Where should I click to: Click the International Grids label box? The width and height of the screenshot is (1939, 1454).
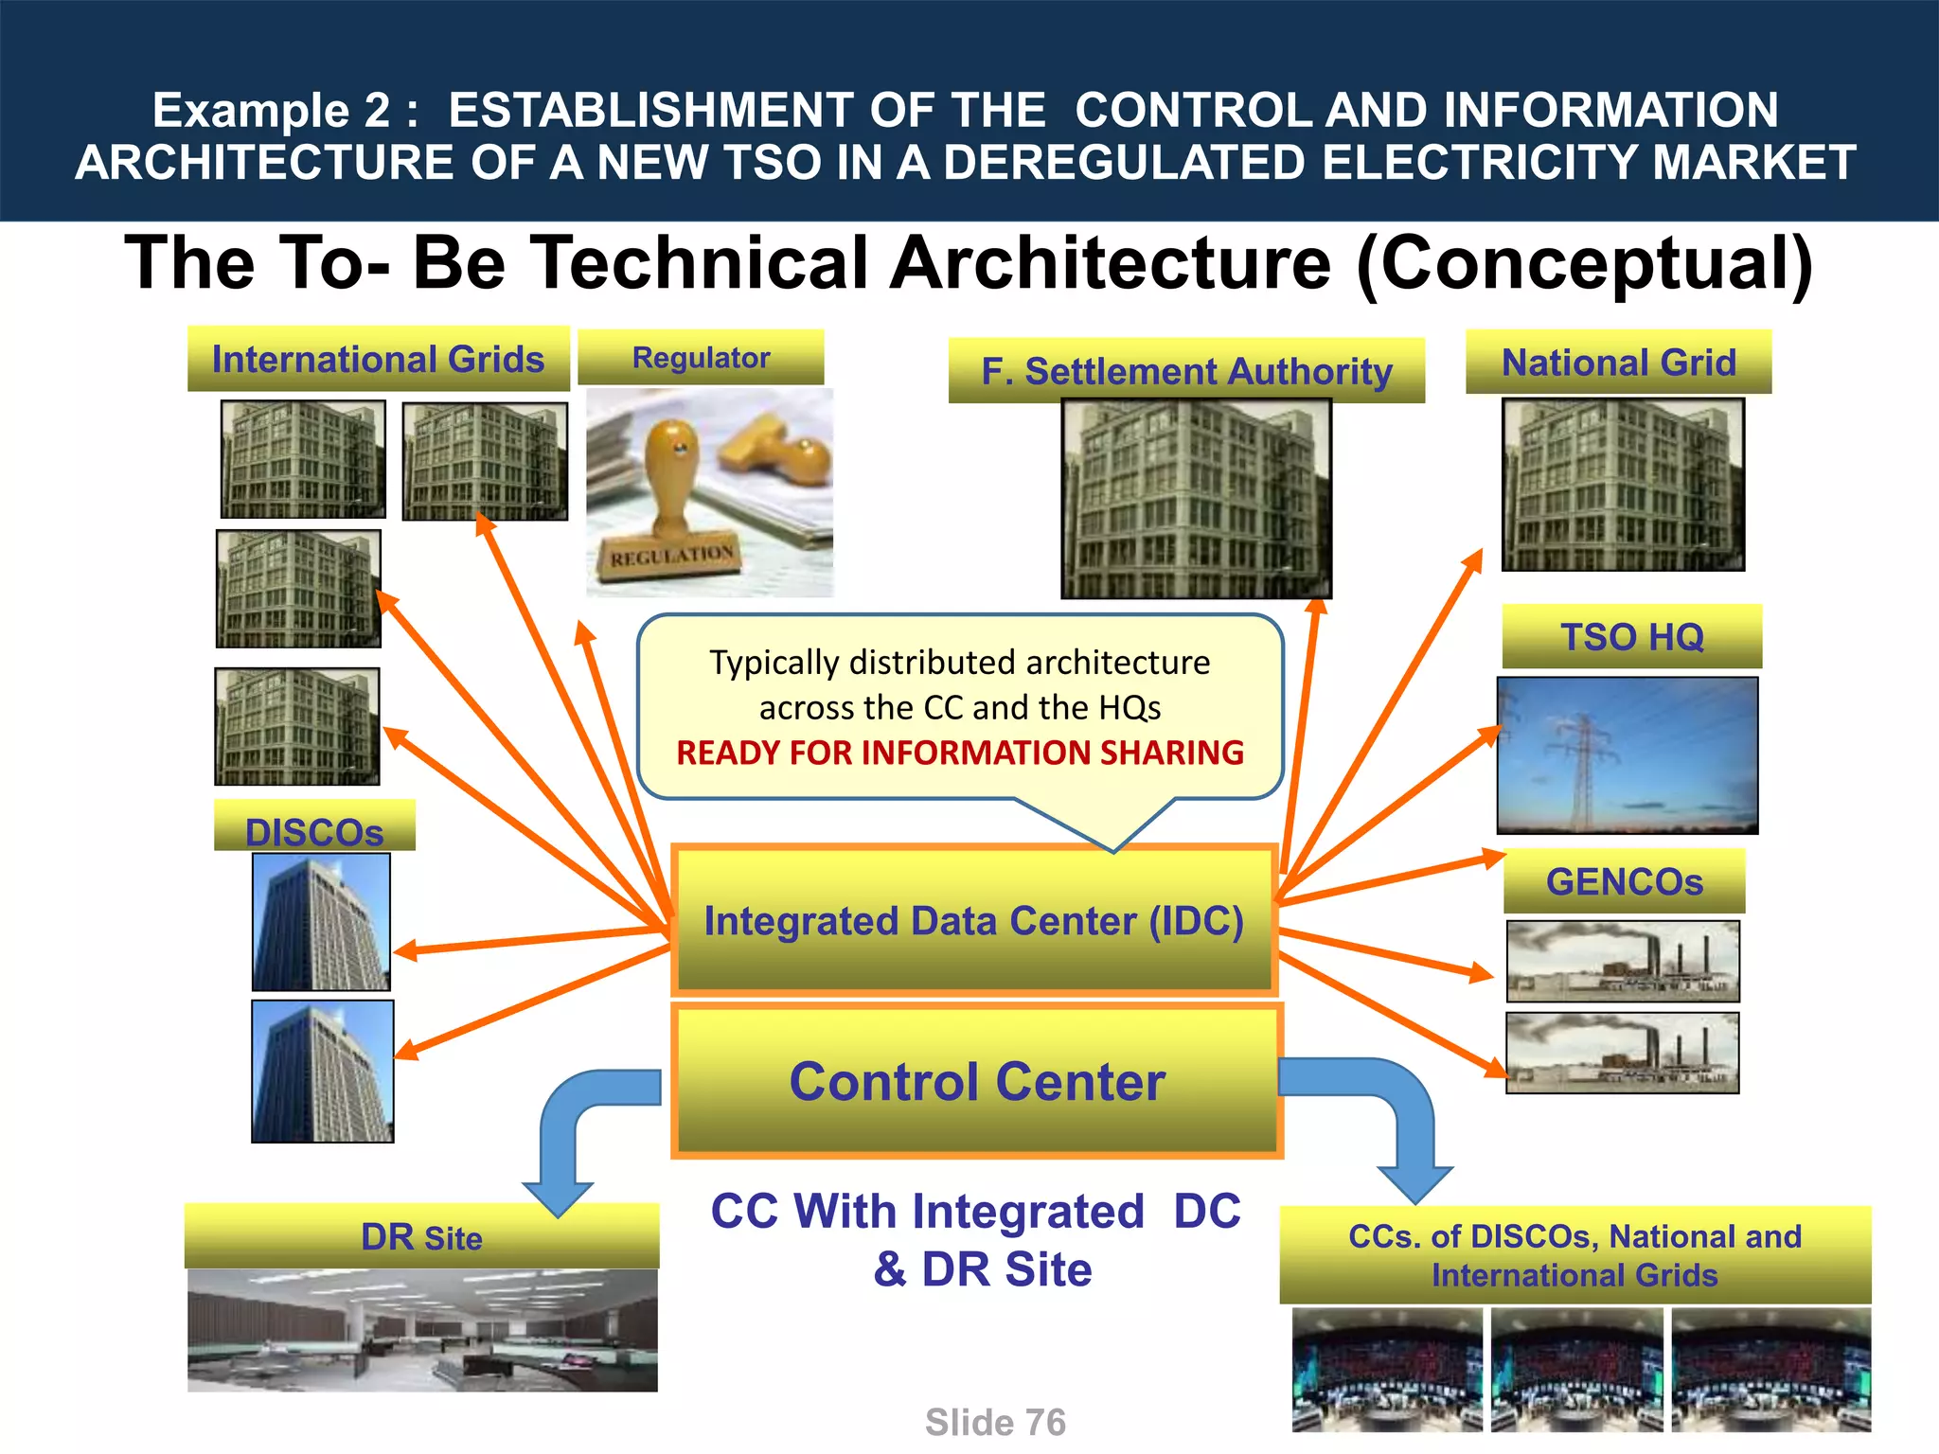[x=378, y=360]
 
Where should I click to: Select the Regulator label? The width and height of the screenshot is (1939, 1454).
[x=701, y=358]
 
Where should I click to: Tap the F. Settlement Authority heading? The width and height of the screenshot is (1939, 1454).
[x=1186, y=371]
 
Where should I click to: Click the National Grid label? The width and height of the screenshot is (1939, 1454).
[x=1618, y=363]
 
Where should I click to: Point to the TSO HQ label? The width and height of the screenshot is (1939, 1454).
[x=1631, y=636]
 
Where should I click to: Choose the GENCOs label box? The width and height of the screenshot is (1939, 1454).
[x=1624, y=881]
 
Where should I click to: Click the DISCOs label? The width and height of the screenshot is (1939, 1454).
[x=314, y=829]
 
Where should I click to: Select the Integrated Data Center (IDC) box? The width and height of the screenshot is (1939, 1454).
[x=973, y=921]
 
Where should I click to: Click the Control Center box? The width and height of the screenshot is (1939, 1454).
[x=976, y=1082]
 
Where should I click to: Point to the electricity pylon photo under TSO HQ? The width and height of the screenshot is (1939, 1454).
[x=1627, y=755]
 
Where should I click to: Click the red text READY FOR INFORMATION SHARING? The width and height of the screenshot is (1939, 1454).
[x=959, y=753]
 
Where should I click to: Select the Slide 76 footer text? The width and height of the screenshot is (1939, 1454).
[x=995, y=1422]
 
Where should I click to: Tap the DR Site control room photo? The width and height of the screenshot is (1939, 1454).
[x=422, y=1330]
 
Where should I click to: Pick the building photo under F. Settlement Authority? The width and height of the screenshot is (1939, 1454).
[x=1196, y=499]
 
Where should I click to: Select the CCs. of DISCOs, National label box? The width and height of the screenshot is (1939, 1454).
[x=1574, y=1255]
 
